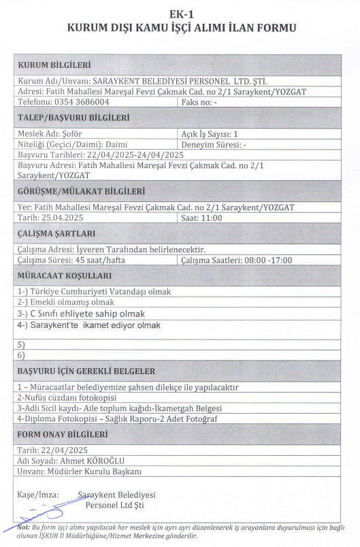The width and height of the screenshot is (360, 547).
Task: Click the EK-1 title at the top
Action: pos(180,14)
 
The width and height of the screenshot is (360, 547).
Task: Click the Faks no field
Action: pos(199,101)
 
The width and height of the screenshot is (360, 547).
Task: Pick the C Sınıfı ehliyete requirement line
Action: pos(85,314)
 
